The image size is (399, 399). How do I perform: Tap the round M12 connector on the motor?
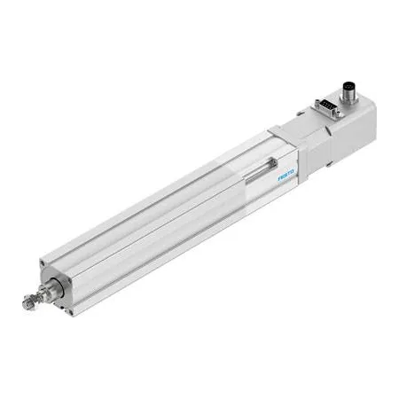point(348,93)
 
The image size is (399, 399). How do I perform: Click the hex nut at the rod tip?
point(28,303)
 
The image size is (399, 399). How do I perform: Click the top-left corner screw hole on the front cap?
point(43,262)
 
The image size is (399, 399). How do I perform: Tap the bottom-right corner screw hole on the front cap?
point(70,312)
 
